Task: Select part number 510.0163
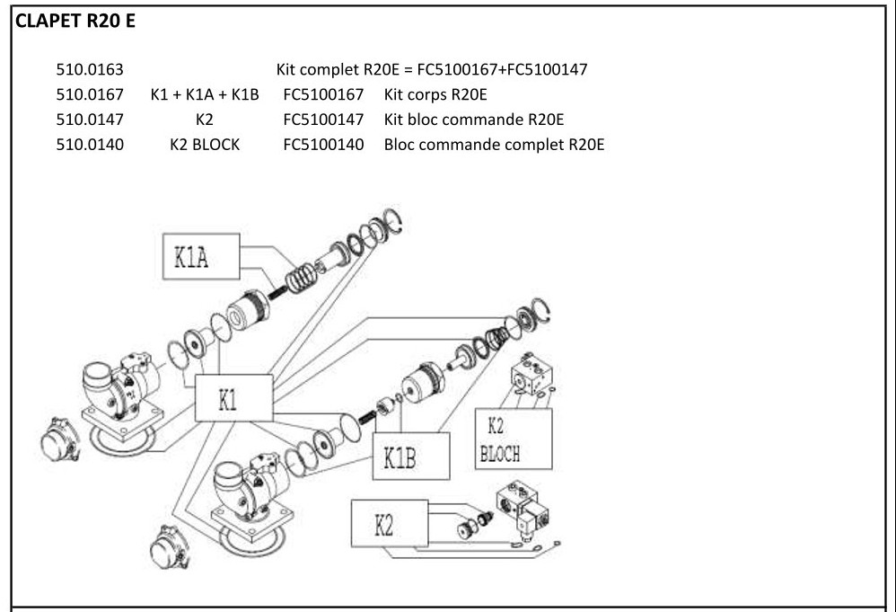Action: tap(90, 69)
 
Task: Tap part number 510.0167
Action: tap(90, 94)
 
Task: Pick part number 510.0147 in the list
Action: tap(90, 119)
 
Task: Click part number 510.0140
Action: tap(90, 144)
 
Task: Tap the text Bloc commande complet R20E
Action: tap(494, 144)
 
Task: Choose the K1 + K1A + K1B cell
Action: tap(206, 94)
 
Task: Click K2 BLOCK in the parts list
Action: tap(205, 144)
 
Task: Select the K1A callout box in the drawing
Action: tap(202, 258)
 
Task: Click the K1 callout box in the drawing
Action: tap(233, 398)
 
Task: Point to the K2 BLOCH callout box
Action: tap(514, 438)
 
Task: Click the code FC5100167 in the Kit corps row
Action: tap(323, 94)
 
